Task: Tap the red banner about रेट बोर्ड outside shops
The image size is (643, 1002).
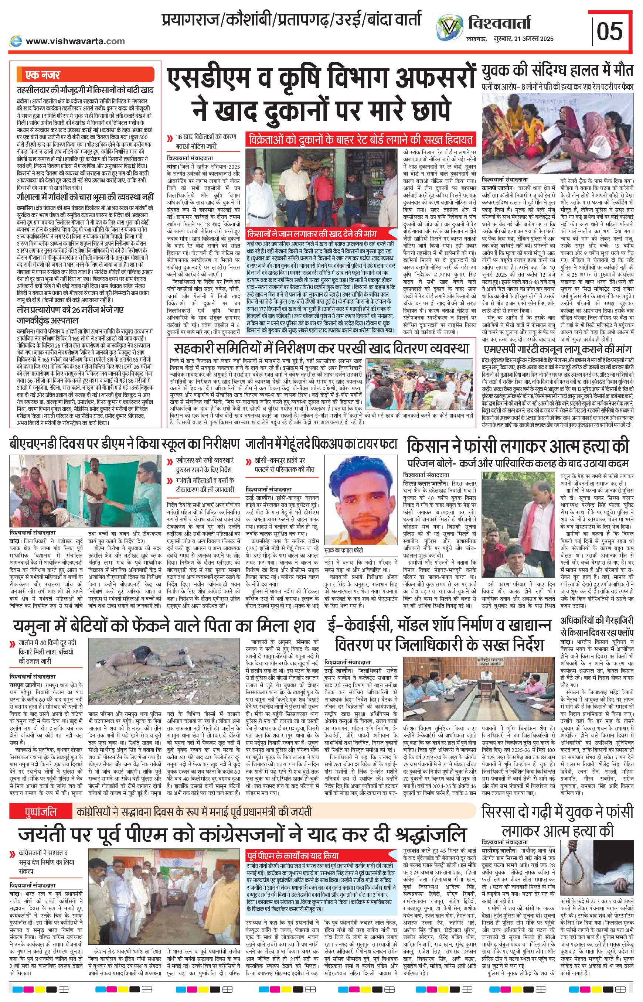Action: click(360, 139)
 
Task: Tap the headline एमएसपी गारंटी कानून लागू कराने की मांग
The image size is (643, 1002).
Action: click(558, 349)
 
